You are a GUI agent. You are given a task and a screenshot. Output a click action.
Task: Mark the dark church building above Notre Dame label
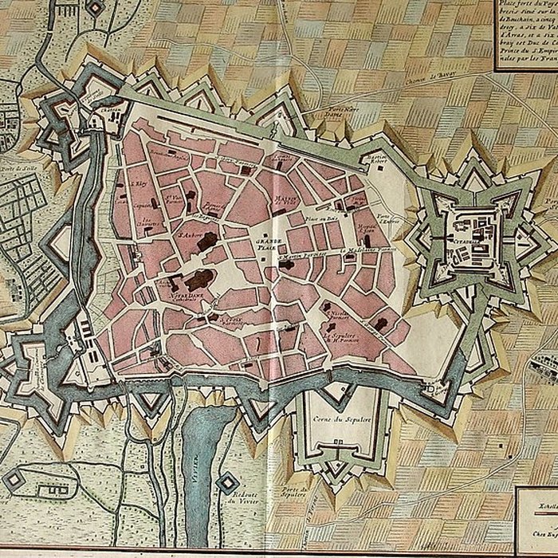tap(199, 279)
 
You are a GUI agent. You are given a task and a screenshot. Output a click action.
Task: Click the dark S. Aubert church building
tap(208, 241)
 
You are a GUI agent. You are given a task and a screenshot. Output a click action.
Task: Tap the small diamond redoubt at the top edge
tap(95, 7)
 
